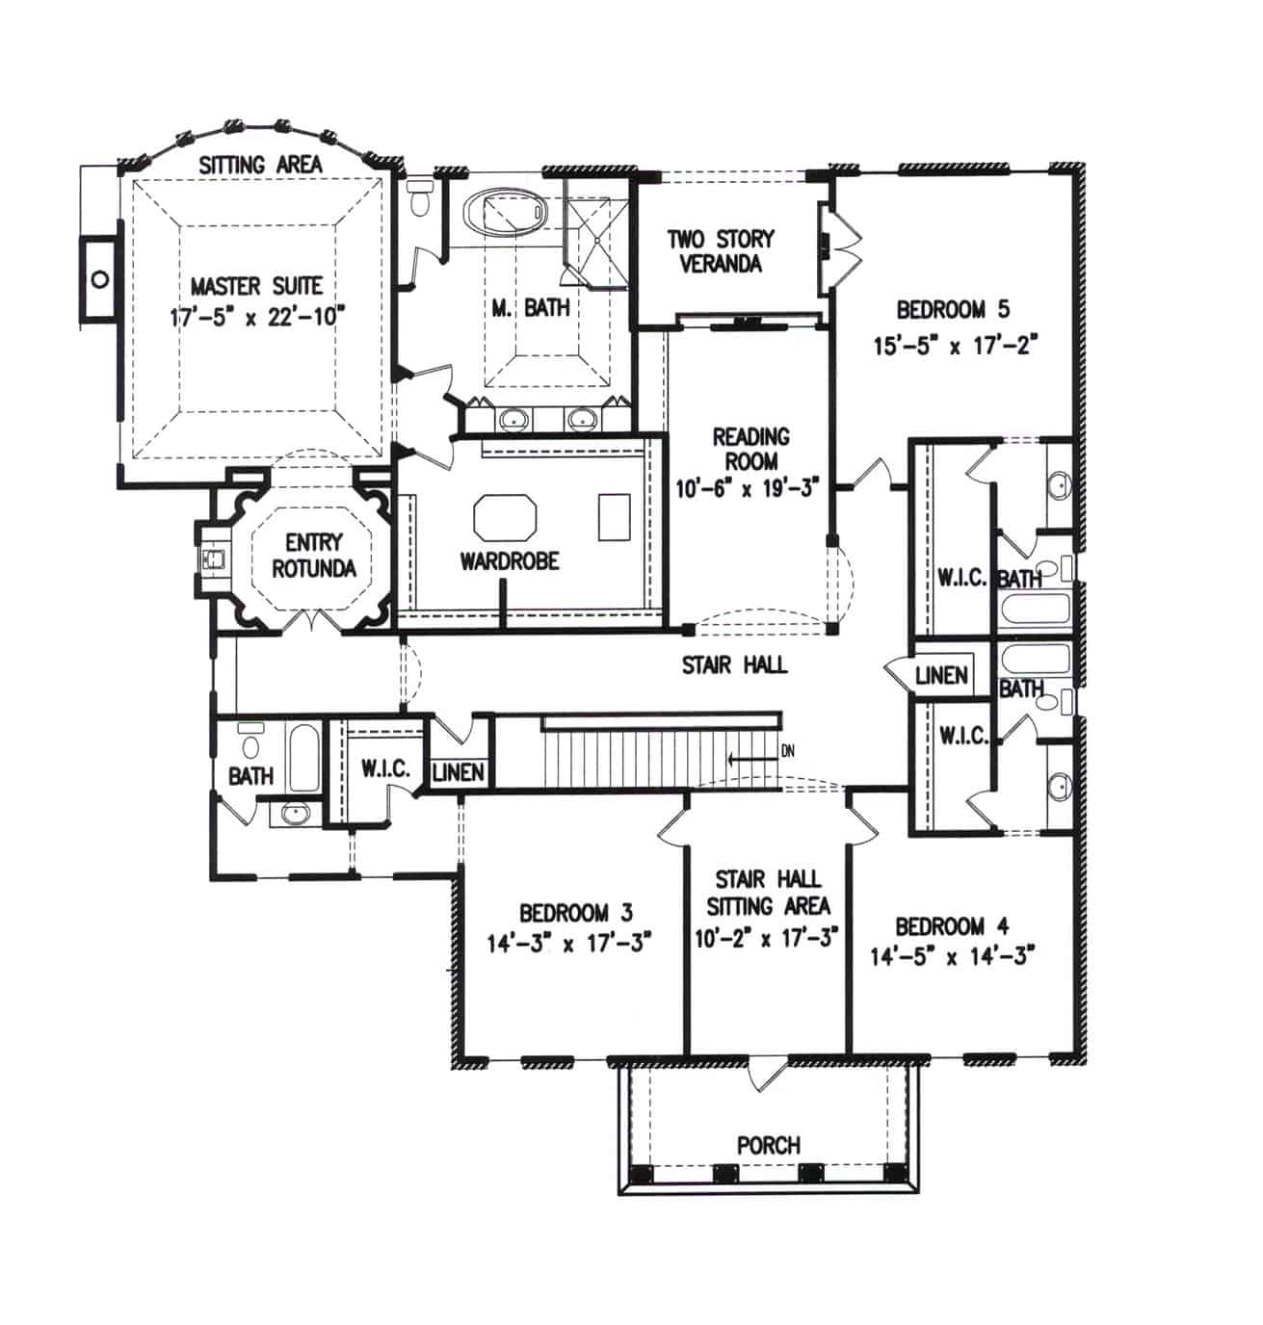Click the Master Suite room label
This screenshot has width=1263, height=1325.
(256, 286)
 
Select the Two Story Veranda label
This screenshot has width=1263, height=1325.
(721, 250)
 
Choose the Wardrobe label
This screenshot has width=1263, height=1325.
(509, 560)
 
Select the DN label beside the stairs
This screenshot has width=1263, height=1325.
(787, 751)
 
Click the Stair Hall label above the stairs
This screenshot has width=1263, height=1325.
(734, 664)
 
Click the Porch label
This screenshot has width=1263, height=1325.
(768, 1145)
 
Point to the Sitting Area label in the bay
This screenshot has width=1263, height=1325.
(260, 165)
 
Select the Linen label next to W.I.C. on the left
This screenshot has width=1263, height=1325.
(459, 772)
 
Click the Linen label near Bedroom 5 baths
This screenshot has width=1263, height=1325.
(941, 675)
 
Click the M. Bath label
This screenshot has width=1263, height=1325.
(531, 308)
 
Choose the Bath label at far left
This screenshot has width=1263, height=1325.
(250, 775)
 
